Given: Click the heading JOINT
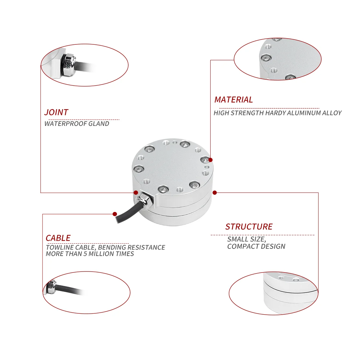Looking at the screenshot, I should tap(56, 112).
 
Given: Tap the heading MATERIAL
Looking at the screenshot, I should tap(233, 100).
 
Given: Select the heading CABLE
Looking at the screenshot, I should tap(58, 238).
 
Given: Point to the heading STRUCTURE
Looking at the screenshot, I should tap(249, 227).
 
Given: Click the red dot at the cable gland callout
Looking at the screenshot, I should tap(136, 192).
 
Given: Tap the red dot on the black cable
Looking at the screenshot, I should tap(115, 214).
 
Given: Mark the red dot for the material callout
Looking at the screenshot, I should tap(211, 160).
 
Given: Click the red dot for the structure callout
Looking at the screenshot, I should tap(215, 193).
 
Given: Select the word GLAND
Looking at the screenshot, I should tap(99, 124).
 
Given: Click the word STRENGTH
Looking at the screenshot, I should tap(248, 113).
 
